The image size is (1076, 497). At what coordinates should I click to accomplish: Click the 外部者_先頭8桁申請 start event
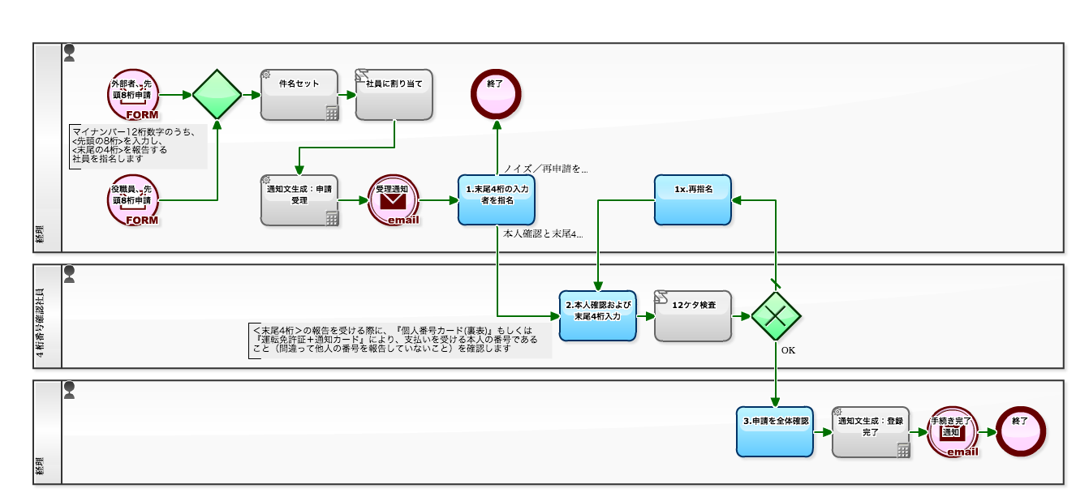(x=132, y=94)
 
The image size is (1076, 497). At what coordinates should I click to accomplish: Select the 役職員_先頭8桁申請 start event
(x=132, y=199)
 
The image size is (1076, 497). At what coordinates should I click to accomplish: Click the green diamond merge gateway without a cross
(x=217, y=94)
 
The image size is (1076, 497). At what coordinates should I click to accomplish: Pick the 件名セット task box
(x=299, y=95)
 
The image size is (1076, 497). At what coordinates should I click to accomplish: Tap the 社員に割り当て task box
(x=394, y=95)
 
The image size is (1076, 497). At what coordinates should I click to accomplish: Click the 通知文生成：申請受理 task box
(x=299, y=199)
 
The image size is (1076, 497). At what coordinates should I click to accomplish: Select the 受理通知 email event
(x=394, y=199)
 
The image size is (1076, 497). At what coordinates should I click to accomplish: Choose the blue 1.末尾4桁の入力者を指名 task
(x=496, y=199)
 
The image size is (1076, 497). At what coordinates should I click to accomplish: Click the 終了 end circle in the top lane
(x=496, y=94)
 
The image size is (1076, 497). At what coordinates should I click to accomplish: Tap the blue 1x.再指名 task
(x=693, y=199)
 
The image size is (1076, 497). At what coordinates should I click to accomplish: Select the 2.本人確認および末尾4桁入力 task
(x=597, y=315)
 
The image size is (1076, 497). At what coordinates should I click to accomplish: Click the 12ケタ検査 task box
(x=693, y=315)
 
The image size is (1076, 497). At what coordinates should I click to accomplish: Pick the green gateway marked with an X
(x=776, y=315)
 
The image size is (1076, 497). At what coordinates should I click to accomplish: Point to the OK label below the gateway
(x=788, y=351)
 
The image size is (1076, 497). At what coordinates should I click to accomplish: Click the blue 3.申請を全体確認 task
(x=775, y=431)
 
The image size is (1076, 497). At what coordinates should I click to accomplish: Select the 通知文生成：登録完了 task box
(x=871, y=431)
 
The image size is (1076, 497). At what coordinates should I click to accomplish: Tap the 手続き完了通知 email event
(x=952, y=431)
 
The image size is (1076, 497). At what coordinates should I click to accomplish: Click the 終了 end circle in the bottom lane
(x=1021, y=431)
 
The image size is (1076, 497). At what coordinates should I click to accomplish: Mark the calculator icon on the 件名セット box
(x=332, y=114)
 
